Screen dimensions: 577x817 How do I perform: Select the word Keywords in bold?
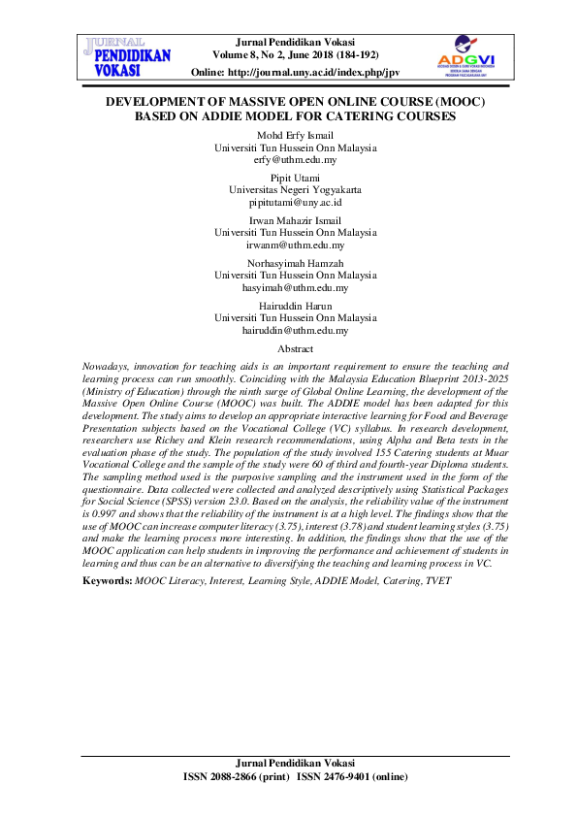click(107, 579)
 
